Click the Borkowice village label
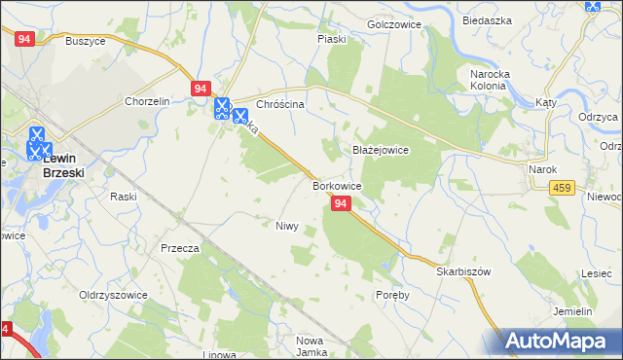pyautogui.click(x=338, y=185)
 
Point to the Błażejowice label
pyautogui.click(x=380, y=151)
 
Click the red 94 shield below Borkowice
pyautogui.click(x=341, y=203)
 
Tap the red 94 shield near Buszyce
pyautogui.click(x=26, y=39)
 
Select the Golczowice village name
pyautogui.click(x=392, y=23)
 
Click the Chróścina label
pyautogui.click(x=280, y=104)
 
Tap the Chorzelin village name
pyautogui.click(x=147, y=101)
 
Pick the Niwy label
pyautogui.click(x=286, y=226)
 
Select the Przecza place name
pyautogui.click(x=180, y=248)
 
